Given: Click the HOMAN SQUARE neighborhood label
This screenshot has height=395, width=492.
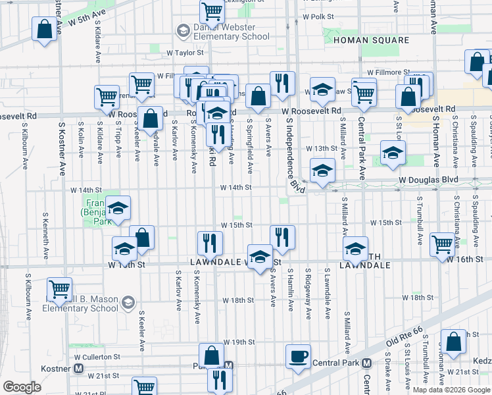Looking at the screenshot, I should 372,40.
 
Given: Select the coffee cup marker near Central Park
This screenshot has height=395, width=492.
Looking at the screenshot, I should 298,356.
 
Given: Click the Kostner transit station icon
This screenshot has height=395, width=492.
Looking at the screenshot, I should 78,367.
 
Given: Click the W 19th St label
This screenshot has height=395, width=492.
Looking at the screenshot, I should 238,342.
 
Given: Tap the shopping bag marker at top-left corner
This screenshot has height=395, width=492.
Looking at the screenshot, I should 44,30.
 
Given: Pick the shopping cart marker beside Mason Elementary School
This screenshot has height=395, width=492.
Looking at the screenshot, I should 60,289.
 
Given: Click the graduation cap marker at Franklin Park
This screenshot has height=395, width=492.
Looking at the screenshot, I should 118,208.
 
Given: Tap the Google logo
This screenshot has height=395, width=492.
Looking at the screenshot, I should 22,387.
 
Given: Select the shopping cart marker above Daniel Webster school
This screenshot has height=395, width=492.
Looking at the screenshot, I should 212,11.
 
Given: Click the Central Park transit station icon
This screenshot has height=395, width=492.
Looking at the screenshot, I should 367,363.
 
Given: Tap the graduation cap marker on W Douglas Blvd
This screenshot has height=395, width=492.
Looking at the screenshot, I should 322,171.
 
